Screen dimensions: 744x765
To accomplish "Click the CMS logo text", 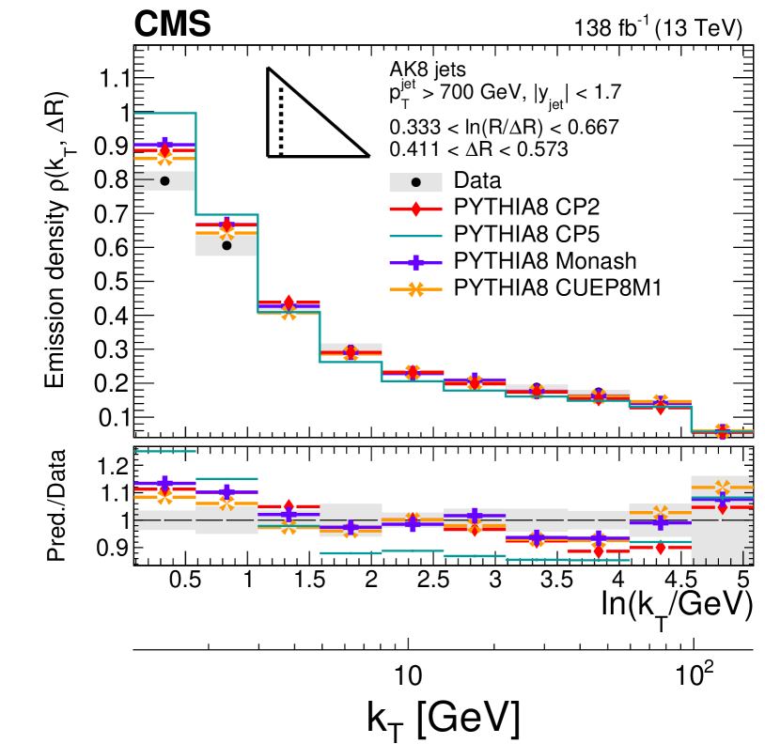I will pyautogui.click(x=171, y=25).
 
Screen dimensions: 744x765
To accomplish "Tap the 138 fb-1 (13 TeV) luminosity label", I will pyautogui.click(x=660, y=28).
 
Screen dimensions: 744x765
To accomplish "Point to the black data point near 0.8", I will pyautogui.click(x=164, y=180).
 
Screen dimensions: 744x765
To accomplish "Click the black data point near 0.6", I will pyautogui.click(x=226, y=245).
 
